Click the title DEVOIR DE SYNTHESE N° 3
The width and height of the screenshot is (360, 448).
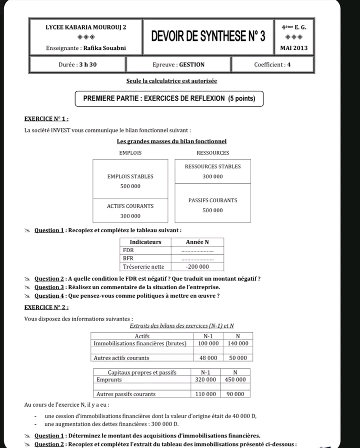coord(208,36)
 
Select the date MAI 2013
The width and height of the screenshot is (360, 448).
coord(294,48)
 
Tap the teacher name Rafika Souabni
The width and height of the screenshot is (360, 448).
coord(105,48)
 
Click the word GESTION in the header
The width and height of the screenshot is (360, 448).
coord(191,64)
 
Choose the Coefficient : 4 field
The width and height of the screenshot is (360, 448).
coord(272,64)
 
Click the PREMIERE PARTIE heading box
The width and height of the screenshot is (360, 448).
coord(169,98)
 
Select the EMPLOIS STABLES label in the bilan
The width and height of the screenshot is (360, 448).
coord(130,177)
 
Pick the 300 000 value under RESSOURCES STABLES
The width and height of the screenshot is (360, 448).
coord(212,177)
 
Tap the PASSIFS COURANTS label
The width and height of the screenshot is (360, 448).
coord(212,200)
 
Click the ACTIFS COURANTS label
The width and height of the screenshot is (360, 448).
coord(130,206)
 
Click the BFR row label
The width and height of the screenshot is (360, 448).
coord(128,258)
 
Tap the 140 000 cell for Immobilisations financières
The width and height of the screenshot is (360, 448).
coord(237,344)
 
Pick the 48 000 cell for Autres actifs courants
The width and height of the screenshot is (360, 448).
coord(208,358)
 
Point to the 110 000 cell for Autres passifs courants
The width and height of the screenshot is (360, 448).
coord(205,394)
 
